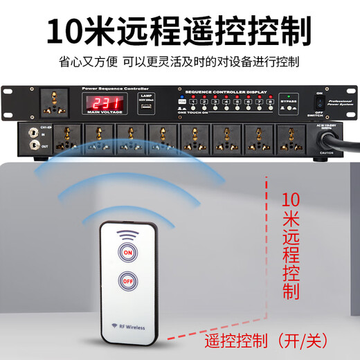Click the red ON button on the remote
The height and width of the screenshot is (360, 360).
coord(127,253)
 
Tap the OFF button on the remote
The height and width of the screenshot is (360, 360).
coord(127,282)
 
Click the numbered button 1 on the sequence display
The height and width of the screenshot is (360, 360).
coord(194,102)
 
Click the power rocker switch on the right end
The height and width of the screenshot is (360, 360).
coord(319,104)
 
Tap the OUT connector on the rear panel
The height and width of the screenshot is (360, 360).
coord(32,145)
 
